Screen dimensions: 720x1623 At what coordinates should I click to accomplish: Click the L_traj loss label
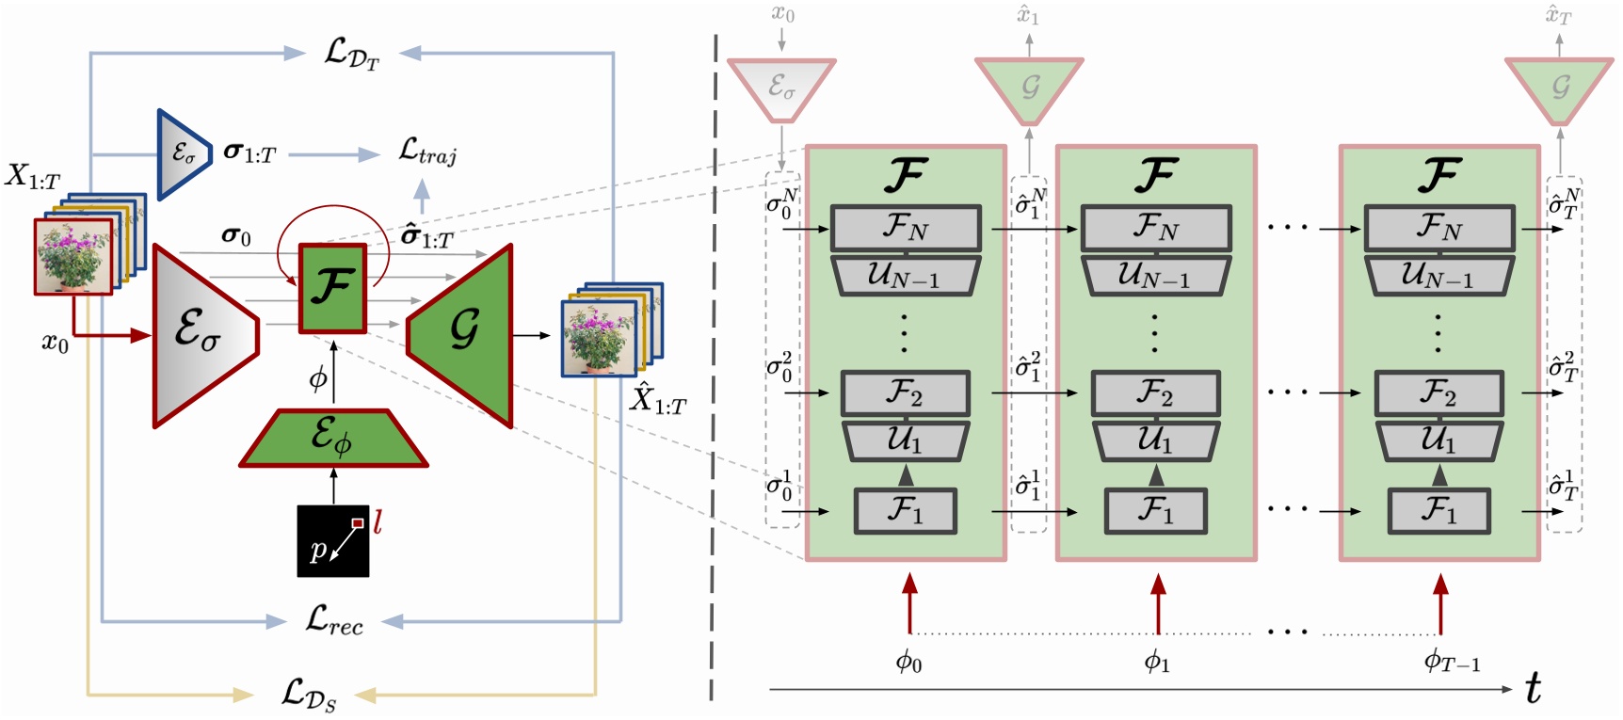(427, 152)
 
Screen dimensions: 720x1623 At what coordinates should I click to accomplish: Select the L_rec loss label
(334, 620)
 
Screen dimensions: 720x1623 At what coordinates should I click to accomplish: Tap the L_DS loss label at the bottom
(309, 695)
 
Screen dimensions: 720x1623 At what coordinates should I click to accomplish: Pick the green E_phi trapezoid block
(333, 439)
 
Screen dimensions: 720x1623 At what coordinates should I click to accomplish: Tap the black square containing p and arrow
(333, 541)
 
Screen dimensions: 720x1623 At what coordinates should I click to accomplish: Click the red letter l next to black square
(378, 522)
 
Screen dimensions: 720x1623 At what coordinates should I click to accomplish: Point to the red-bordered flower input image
(73, 257)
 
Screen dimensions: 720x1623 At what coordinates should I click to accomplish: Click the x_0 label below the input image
(55, 344)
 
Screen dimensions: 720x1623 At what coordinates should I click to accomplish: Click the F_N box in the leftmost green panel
(906, 228)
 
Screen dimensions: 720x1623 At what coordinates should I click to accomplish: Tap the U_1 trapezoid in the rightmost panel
(1437, 440)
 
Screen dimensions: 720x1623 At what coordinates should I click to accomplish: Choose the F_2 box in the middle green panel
(1156, 393)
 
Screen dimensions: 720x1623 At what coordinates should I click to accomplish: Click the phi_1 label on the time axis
(1157, 662)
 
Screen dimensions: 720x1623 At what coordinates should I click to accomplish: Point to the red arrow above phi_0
(909, 602)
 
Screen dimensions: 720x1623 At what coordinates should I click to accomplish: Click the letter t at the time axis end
(1533, 689)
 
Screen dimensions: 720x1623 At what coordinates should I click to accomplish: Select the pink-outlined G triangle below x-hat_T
(1560, 88)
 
